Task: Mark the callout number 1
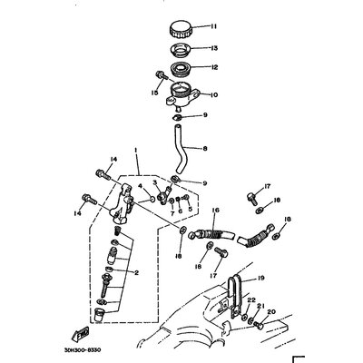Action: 136,147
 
